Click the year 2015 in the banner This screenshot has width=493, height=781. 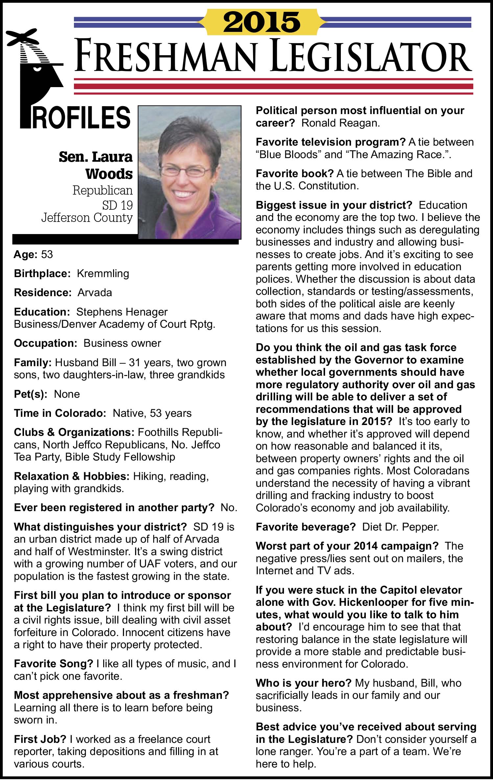262,22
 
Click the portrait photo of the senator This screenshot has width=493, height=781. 190,172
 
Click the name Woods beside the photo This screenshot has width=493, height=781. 109,174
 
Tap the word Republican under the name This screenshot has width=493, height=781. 103,190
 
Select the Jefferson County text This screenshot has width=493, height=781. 87,218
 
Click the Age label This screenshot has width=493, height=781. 26,254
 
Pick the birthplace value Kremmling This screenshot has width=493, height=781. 103,273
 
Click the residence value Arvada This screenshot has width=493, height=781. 95,293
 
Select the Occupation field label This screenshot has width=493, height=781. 45,343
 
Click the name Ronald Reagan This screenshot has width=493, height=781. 340,123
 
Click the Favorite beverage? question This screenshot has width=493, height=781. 306,527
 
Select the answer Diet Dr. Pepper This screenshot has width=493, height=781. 401,527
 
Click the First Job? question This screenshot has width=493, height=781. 40,739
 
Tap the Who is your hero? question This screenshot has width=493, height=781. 304,683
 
